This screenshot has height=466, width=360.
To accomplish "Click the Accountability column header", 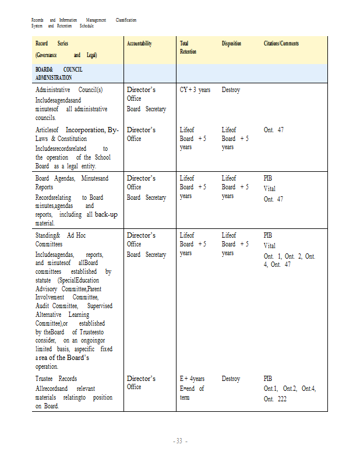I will coord(139,44).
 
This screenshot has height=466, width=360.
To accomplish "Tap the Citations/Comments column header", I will coord(281,44).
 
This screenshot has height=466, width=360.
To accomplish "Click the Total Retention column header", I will coord(188,48).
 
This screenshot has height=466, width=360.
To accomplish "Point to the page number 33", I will coord(180,441).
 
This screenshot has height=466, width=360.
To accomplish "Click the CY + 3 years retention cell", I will coord(195,90).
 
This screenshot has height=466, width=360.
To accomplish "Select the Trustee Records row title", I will coord(56,379).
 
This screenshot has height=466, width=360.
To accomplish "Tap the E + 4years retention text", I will coord(192,379).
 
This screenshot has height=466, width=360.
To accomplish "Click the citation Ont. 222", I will coord(275,399).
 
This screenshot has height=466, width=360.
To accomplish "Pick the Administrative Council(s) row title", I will coord(69,90).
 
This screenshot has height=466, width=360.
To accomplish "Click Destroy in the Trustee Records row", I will coord(231,379).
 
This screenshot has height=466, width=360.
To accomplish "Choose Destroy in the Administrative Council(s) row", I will coord(231,90).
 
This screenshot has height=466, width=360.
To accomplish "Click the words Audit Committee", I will coord(57,305).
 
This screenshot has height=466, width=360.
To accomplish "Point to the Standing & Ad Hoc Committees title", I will coord(60,239).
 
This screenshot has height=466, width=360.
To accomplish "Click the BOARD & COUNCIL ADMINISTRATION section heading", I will coord(59,73).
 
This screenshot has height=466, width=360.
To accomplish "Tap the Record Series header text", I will coord(51,44).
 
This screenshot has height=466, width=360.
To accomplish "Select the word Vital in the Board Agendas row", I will coord(270,189).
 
